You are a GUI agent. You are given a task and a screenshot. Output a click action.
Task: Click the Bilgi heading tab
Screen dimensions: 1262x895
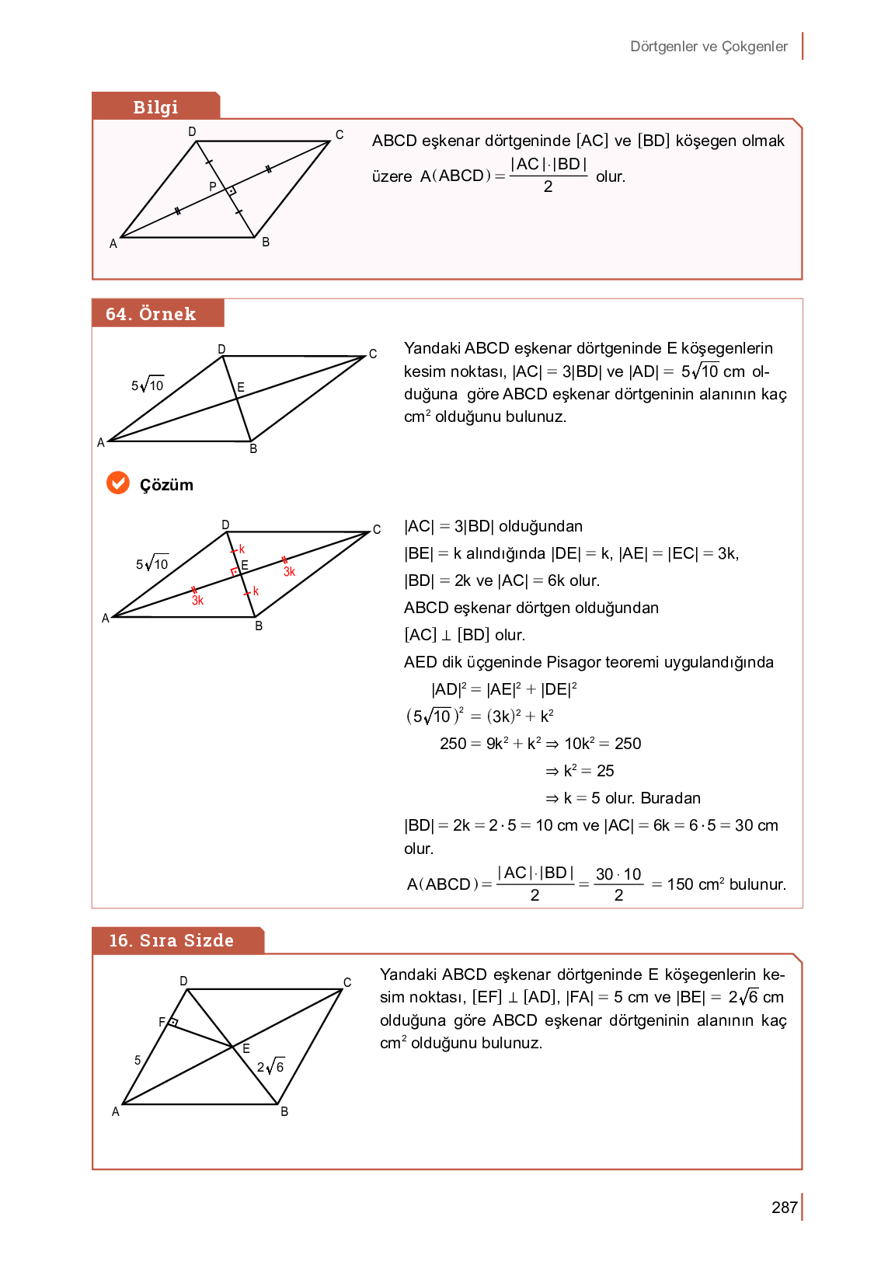coord(155,106)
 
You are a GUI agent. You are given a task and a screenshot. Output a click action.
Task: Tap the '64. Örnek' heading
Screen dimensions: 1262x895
coord(151,314)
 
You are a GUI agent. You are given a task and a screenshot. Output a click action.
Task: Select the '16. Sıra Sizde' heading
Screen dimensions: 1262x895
coord(171,940)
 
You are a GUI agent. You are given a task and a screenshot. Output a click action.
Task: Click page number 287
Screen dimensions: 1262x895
coord(784,1208)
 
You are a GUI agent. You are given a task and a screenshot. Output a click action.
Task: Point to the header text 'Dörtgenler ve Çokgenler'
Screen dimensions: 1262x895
coord(709,47)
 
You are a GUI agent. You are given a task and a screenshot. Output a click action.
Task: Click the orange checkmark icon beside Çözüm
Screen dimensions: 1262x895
coord(118,483)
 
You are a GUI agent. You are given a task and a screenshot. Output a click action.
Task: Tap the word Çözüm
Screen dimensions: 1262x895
coord(166,485)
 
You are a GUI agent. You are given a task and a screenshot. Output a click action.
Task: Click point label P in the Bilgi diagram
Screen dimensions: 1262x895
coord(212,187)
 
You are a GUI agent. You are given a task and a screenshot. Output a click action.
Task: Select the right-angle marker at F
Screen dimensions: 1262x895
coord(174,1022)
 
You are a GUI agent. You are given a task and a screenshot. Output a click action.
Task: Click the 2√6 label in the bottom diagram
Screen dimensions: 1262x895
coord(271,1067)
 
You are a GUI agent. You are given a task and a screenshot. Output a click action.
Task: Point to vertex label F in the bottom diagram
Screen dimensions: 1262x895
coord(162,1022)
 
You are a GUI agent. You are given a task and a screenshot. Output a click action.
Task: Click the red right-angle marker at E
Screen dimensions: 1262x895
coord(235,572)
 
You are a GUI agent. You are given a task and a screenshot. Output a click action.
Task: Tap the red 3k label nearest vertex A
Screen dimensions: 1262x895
coord(197,600)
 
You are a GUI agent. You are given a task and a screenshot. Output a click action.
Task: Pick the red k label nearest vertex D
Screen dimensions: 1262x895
coord(242,549)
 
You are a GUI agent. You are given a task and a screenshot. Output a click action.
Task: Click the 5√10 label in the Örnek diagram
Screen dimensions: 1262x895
coord(148,385)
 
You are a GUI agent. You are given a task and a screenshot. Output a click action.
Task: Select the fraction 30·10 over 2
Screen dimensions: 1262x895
coord(618,884)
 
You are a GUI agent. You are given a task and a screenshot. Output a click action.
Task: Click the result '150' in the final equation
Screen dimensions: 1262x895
coord(680,884)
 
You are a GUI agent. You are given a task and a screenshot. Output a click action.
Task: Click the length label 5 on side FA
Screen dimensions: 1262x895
coord(138,1060)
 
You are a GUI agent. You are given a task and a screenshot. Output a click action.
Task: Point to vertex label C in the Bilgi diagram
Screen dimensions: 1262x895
coord(340,134)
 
